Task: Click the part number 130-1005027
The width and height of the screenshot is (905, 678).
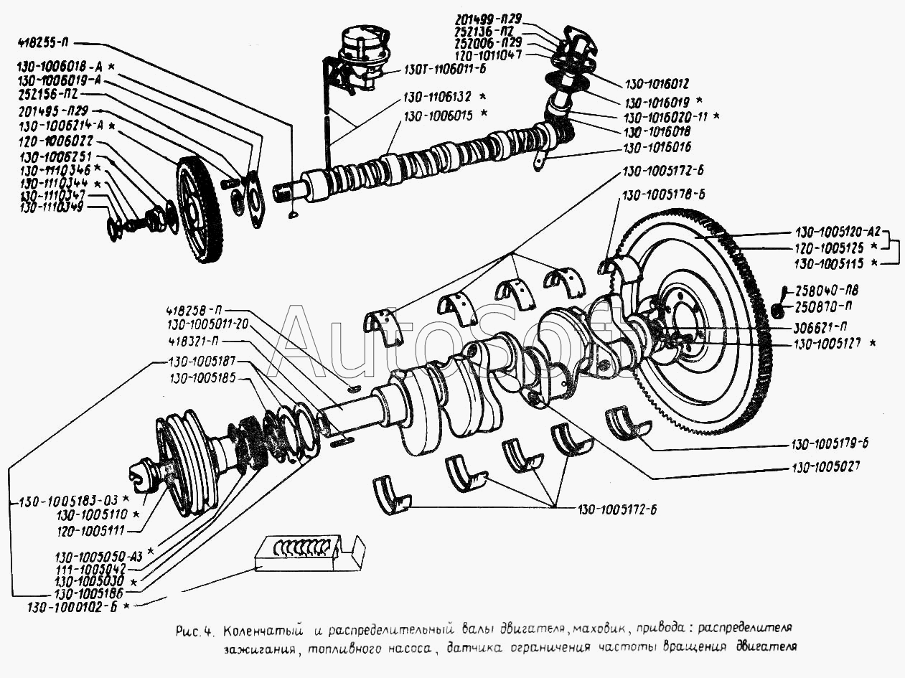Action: tap(825, 466)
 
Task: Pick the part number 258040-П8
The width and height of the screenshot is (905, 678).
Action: tap(827, 290)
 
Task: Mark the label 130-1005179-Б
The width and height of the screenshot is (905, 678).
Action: tap(830, 443)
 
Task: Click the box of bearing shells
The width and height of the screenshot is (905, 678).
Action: tap(309, 552)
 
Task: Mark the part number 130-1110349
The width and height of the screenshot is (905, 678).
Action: tap(52, 207)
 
